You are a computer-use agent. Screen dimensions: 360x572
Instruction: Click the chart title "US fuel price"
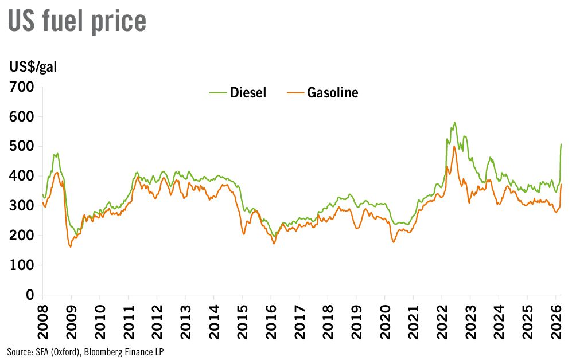76,21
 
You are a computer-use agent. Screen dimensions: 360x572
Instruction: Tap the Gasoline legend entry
323,92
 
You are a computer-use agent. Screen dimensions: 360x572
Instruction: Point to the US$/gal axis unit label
33,66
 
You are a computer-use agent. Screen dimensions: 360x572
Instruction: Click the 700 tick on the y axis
22,87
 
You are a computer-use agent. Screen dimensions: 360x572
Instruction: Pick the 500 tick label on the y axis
22,147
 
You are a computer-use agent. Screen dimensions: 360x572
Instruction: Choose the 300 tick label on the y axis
22,206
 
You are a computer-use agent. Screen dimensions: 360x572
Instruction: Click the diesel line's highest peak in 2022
454,122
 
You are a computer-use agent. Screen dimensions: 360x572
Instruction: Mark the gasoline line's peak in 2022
454,146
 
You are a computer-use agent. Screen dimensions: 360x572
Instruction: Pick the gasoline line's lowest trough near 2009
71,246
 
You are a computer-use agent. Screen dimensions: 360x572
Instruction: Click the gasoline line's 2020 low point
394,242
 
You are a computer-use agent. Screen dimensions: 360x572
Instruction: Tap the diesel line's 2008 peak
57,154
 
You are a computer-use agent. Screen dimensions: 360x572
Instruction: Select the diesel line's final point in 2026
561,144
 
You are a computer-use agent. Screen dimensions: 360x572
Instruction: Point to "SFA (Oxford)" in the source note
50,351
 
